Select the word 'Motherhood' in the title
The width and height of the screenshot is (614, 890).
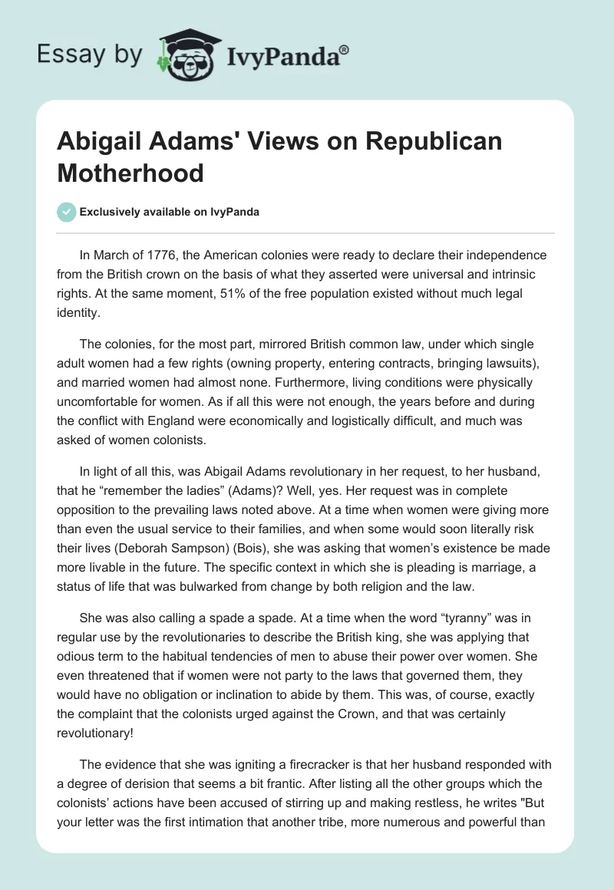[x=130, y=173]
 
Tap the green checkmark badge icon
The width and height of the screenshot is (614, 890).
[x=67, y=212]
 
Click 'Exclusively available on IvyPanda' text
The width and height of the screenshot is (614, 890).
[x=170, y=213]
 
